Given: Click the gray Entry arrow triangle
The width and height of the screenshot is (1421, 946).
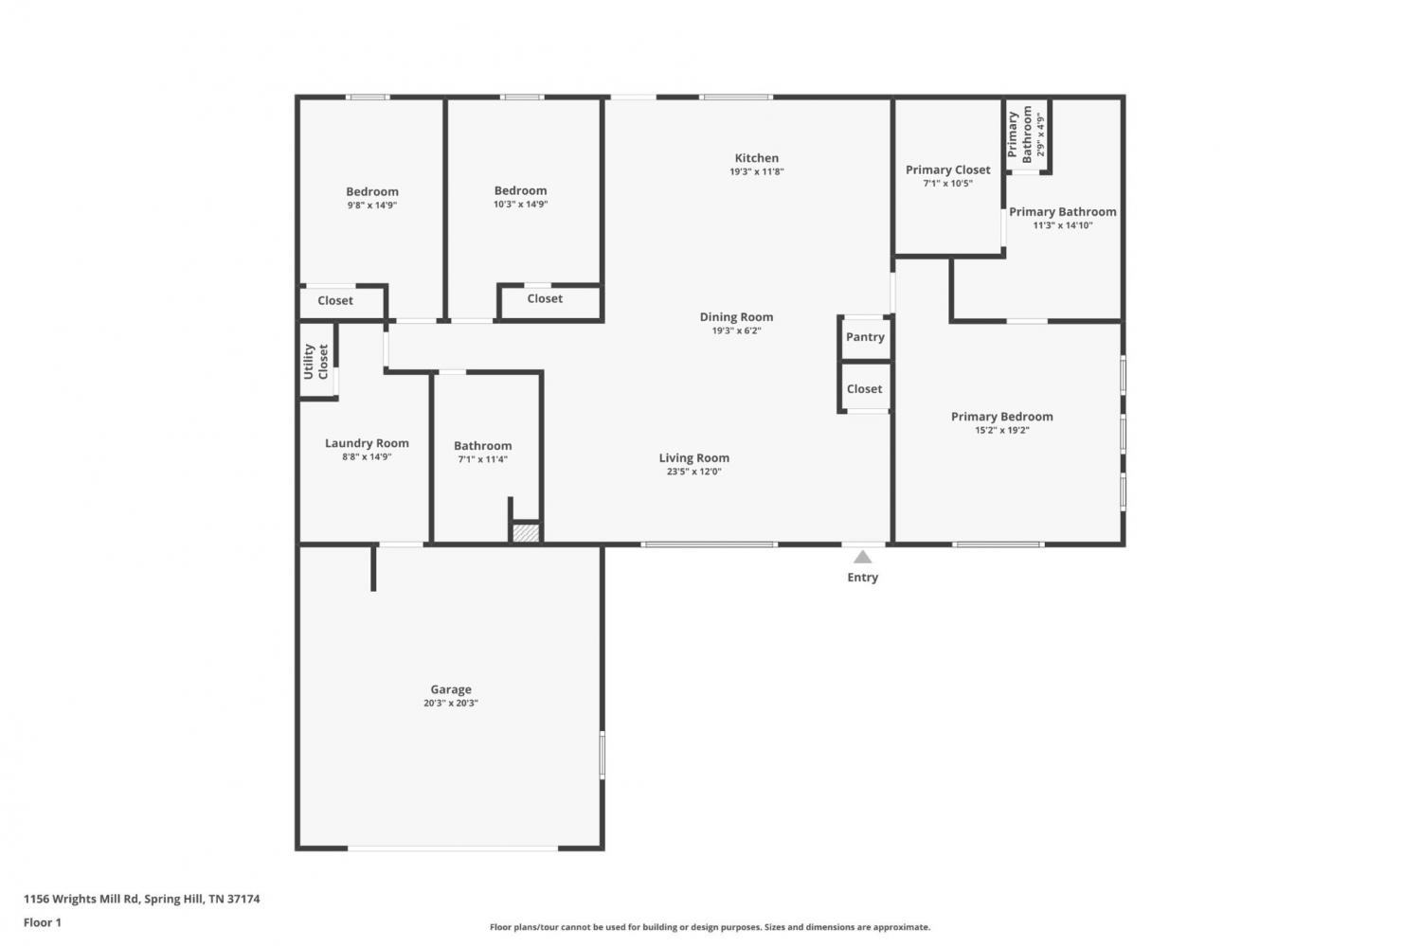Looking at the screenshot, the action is pos(862,557).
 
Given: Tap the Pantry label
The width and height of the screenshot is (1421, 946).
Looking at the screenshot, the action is pos(865,337).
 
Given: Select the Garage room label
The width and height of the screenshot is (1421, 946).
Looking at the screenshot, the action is pos(451,689).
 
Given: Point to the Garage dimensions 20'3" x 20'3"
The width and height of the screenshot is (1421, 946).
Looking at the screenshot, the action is pos(451,704).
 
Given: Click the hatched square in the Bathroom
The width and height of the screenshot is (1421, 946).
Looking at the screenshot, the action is pos(526,532).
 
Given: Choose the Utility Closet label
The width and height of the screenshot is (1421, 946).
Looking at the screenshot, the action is pos(315,362).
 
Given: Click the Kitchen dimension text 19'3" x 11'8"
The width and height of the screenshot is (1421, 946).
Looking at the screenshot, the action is pos(757,171).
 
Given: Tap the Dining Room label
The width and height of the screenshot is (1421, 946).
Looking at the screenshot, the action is pos(736,317).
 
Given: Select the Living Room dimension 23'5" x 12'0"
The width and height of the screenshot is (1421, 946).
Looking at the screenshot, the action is pos(694,472).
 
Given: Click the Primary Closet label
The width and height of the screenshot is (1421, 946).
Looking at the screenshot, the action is pos(947,170).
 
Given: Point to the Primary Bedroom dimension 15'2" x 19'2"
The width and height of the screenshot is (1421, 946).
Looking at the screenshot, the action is pos(1002,431).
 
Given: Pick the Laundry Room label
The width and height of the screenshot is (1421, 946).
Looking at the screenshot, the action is pos(367,443).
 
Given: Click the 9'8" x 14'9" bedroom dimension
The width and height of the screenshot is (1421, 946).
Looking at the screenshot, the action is pos(372,205).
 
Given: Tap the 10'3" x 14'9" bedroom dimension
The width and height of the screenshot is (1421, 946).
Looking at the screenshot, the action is pos(521,205).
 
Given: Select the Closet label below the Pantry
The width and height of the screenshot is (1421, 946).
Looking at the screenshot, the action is pos(865,388).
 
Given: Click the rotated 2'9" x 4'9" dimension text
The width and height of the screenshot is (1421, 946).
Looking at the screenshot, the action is pos(1040,134).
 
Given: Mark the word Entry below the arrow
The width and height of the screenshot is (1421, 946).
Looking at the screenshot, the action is pos(863,577).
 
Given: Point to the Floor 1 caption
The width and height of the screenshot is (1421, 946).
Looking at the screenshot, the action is pos(43,922).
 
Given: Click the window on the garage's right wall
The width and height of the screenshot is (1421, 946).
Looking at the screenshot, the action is pos(602,755).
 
